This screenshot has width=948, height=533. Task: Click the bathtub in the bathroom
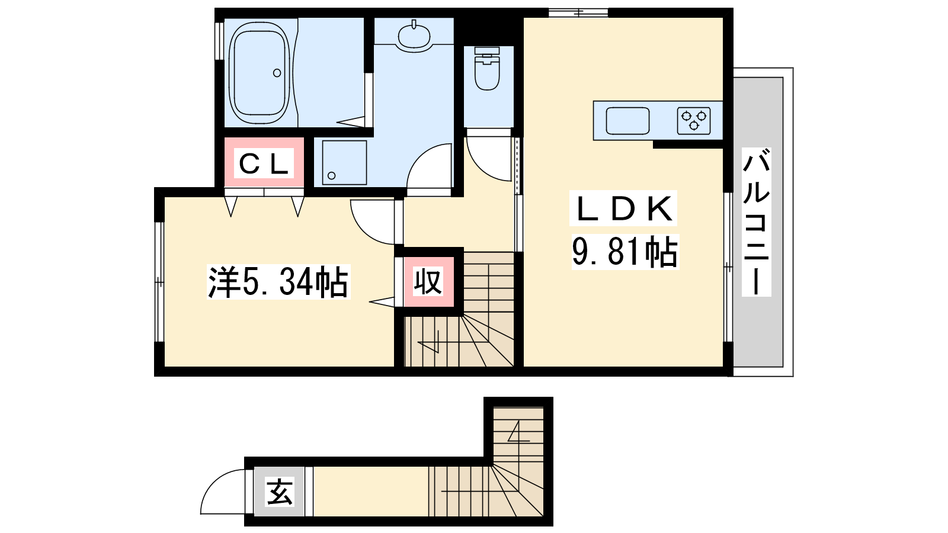click(260, 73)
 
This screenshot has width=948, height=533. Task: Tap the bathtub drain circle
click(277, 73)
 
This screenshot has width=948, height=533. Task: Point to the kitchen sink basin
click(627, 121)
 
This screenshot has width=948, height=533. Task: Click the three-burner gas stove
click(694, 121)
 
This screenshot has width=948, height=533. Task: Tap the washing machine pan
click(344, 162)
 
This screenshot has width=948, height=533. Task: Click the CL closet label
click(264, 163)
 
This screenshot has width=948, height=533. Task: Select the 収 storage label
click(428, 281)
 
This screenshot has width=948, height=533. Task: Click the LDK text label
click(623, 208)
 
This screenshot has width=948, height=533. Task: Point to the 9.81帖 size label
click(625, 252)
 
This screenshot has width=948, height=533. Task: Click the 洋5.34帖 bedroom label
click(278, 282)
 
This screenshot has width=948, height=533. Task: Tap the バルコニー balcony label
click(756, 221)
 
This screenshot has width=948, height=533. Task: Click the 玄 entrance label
click(279, 492)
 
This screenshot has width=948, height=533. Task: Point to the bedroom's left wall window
click(159, 281)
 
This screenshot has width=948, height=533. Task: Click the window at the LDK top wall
click(578, 12)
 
